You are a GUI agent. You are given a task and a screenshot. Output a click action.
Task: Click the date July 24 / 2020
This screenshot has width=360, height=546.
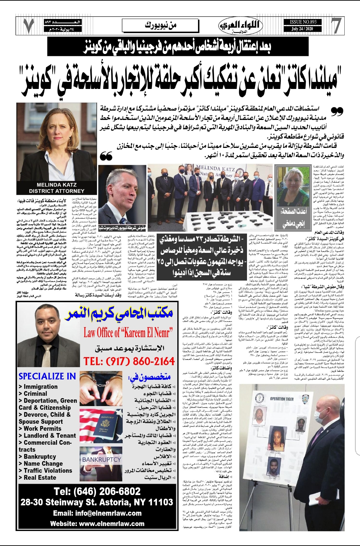[302, 29]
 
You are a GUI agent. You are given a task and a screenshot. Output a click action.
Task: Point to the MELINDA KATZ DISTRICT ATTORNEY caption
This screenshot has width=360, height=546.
[56, 188]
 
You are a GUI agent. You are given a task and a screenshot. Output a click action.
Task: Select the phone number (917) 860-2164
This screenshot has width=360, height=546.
[129, 361]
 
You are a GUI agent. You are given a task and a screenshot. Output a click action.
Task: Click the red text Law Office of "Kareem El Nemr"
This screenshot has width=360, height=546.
[128, 332]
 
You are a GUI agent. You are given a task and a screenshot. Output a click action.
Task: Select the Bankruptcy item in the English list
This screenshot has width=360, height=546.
[40, 456]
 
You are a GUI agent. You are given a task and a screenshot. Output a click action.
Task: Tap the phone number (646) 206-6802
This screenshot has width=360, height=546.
[97, 491]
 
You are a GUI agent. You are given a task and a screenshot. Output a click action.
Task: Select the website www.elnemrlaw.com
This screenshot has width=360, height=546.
[97, 523]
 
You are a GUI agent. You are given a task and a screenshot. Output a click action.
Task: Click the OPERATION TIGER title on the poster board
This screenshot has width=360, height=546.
[282, 398]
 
